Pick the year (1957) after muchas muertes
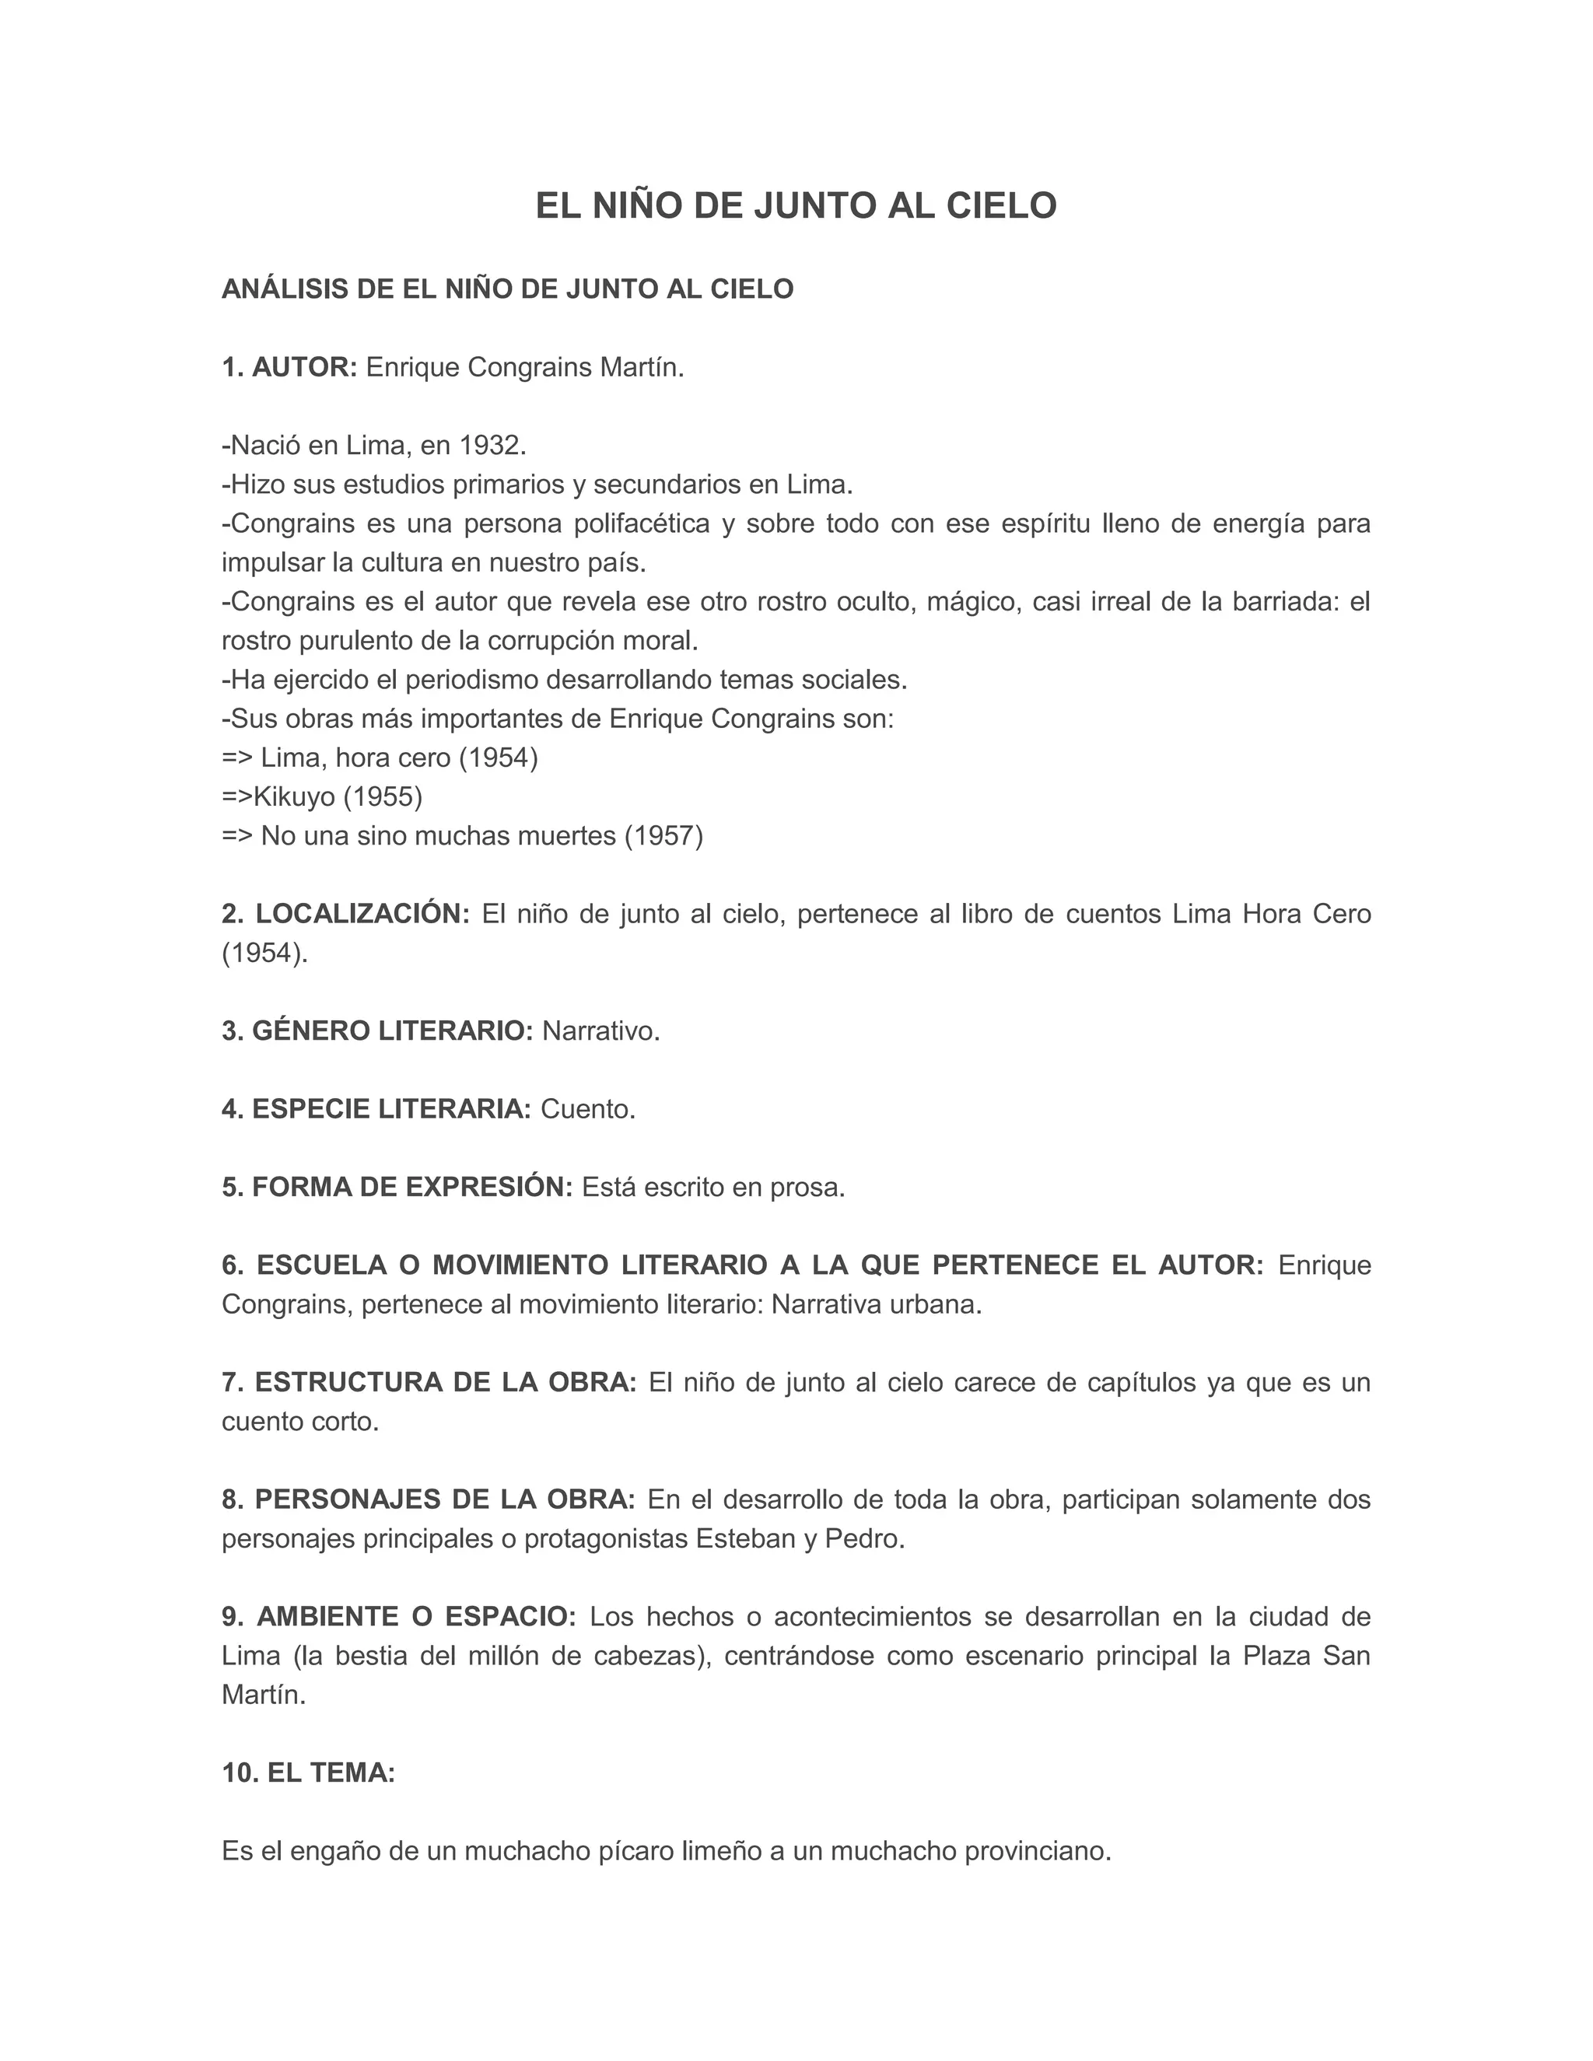pos(663,836)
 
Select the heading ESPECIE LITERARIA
pos(392,1109)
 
